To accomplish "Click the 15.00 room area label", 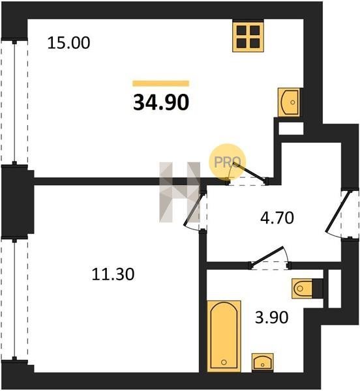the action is [68, 42].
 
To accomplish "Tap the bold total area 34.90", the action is [161, 103].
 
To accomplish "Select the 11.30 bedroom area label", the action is [113, 274].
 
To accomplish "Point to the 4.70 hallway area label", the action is [277, 218].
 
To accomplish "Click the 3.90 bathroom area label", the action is [272, 318].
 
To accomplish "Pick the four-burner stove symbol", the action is [248, 37].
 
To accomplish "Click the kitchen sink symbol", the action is [289, 102].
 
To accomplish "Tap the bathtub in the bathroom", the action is [224, 336].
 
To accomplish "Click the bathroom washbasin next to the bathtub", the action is [262, 362].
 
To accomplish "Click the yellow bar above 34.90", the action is [161, 83].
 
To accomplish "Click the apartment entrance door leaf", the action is [338, 212].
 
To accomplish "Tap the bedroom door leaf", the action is [193, 209].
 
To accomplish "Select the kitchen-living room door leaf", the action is [249, 171].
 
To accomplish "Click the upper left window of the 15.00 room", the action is [14, 102].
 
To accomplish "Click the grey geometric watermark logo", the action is [179, 192].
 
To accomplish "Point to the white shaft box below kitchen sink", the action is [291, 128].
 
